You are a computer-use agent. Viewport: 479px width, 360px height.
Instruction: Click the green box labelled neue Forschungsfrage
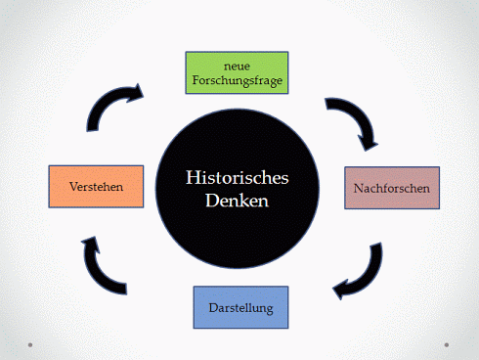point(239,73)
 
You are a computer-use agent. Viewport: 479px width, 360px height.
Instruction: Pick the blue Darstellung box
point(240,307)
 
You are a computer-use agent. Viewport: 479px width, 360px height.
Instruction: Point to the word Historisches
point(239,178)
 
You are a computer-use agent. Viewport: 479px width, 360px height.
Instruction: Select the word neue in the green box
point(239,65)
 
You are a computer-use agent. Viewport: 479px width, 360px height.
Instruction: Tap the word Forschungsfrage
point(239,82)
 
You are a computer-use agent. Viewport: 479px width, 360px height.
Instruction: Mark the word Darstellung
point(240,307)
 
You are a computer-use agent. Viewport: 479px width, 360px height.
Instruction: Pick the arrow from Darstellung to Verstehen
point(105,264)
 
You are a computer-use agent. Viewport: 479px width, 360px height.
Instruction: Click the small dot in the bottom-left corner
point(31,344)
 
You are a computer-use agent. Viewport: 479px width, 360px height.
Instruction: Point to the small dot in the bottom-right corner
point(447,344)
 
